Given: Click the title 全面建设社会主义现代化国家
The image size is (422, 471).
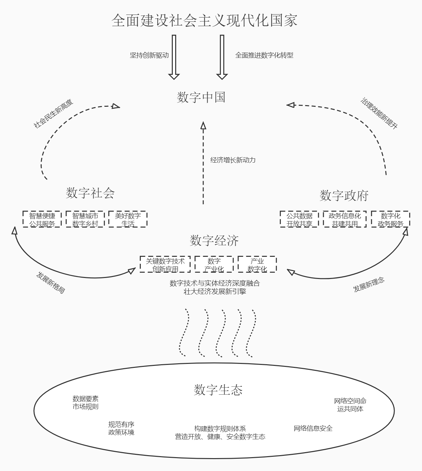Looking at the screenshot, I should [x=205, y=20].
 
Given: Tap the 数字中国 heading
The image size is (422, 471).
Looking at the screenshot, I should [x=201, y=97].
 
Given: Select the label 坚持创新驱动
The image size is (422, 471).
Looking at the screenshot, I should [x=149, y=55].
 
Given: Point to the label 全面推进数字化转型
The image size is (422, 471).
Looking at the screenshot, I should [x=264, y=55].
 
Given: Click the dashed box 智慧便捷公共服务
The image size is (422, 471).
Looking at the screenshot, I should [x=42, y=219].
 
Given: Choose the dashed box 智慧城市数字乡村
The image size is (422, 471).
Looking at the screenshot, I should [x=85, y=219].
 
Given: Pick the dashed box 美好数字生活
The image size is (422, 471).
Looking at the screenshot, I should [x=128, y=219].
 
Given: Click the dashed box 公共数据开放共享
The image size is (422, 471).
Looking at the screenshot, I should [x=299, y=219].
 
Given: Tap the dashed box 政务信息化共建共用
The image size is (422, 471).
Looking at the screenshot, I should [x=345, y=219].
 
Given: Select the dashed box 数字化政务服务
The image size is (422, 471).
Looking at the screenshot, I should [x=390, y=219].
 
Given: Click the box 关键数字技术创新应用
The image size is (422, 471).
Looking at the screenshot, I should [x=165, y=265].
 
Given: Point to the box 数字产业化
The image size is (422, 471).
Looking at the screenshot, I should [x=214, y=265].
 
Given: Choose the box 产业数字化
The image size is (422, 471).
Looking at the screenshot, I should [x=257, y=265].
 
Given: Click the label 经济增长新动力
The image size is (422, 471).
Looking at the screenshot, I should [x=233, y=160].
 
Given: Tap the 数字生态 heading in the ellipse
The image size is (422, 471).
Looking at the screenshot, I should [x=218, y=390].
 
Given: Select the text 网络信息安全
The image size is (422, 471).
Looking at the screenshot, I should [x=313, y=428].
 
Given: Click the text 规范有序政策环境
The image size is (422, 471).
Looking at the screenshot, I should [x=121, y=428].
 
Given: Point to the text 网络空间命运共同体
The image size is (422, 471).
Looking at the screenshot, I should [x=350, y=405].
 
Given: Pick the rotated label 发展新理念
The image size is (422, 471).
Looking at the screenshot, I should [x=369, y=285].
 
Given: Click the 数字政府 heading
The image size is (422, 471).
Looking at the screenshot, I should [x=344, y=196].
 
